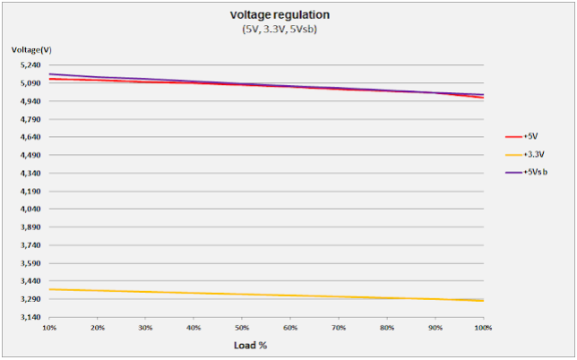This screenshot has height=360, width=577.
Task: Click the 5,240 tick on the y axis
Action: [29, 65]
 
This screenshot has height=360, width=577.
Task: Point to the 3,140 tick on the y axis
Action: [29, 317]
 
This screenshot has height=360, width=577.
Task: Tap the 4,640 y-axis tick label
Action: [29, 137]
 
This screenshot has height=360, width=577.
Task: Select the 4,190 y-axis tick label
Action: [29, 191]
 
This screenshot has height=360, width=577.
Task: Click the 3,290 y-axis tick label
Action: [29, 299]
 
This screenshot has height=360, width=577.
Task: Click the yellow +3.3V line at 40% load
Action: [194, 293]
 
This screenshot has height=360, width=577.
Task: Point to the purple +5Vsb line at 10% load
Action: [51, 73]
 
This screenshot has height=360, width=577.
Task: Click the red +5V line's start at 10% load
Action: [51, 79]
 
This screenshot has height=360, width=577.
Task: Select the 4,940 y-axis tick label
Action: [29, 101]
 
